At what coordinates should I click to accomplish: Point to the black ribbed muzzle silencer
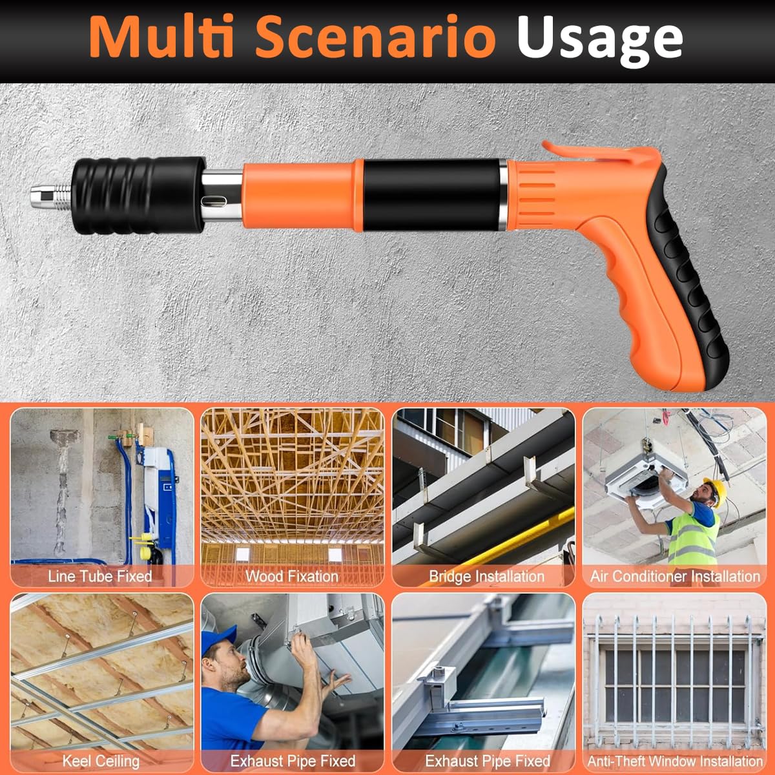136,195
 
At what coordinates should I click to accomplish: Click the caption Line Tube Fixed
100,576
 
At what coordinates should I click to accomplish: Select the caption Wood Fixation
292,576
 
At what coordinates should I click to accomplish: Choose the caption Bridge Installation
486,576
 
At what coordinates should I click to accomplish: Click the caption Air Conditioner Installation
675,576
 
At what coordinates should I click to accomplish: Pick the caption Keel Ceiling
100,761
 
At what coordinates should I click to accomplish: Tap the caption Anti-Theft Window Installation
675,761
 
